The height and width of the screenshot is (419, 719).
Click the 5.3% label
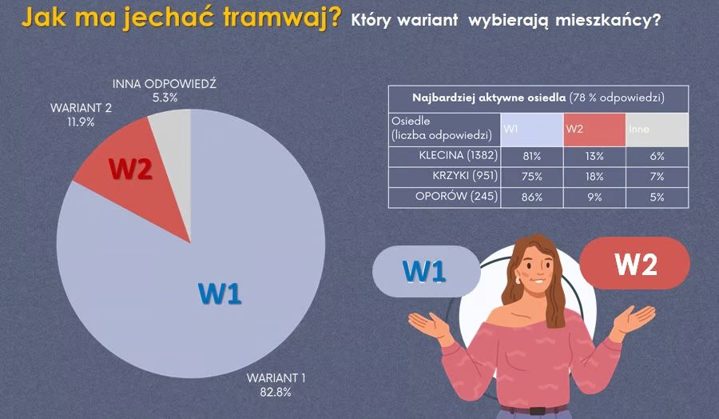point(165,97)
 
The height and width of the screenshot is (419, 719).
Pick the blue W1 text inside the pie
point(220,293)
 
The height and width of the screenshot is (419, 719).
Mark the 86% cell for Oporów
point(532,197)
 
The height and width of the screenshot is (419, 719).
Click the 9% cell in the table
point(594,197)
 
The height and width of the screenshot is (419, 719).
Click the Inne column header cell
point(656,129)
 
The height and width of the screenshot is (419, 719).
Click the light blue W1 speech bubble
point(424,271)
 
